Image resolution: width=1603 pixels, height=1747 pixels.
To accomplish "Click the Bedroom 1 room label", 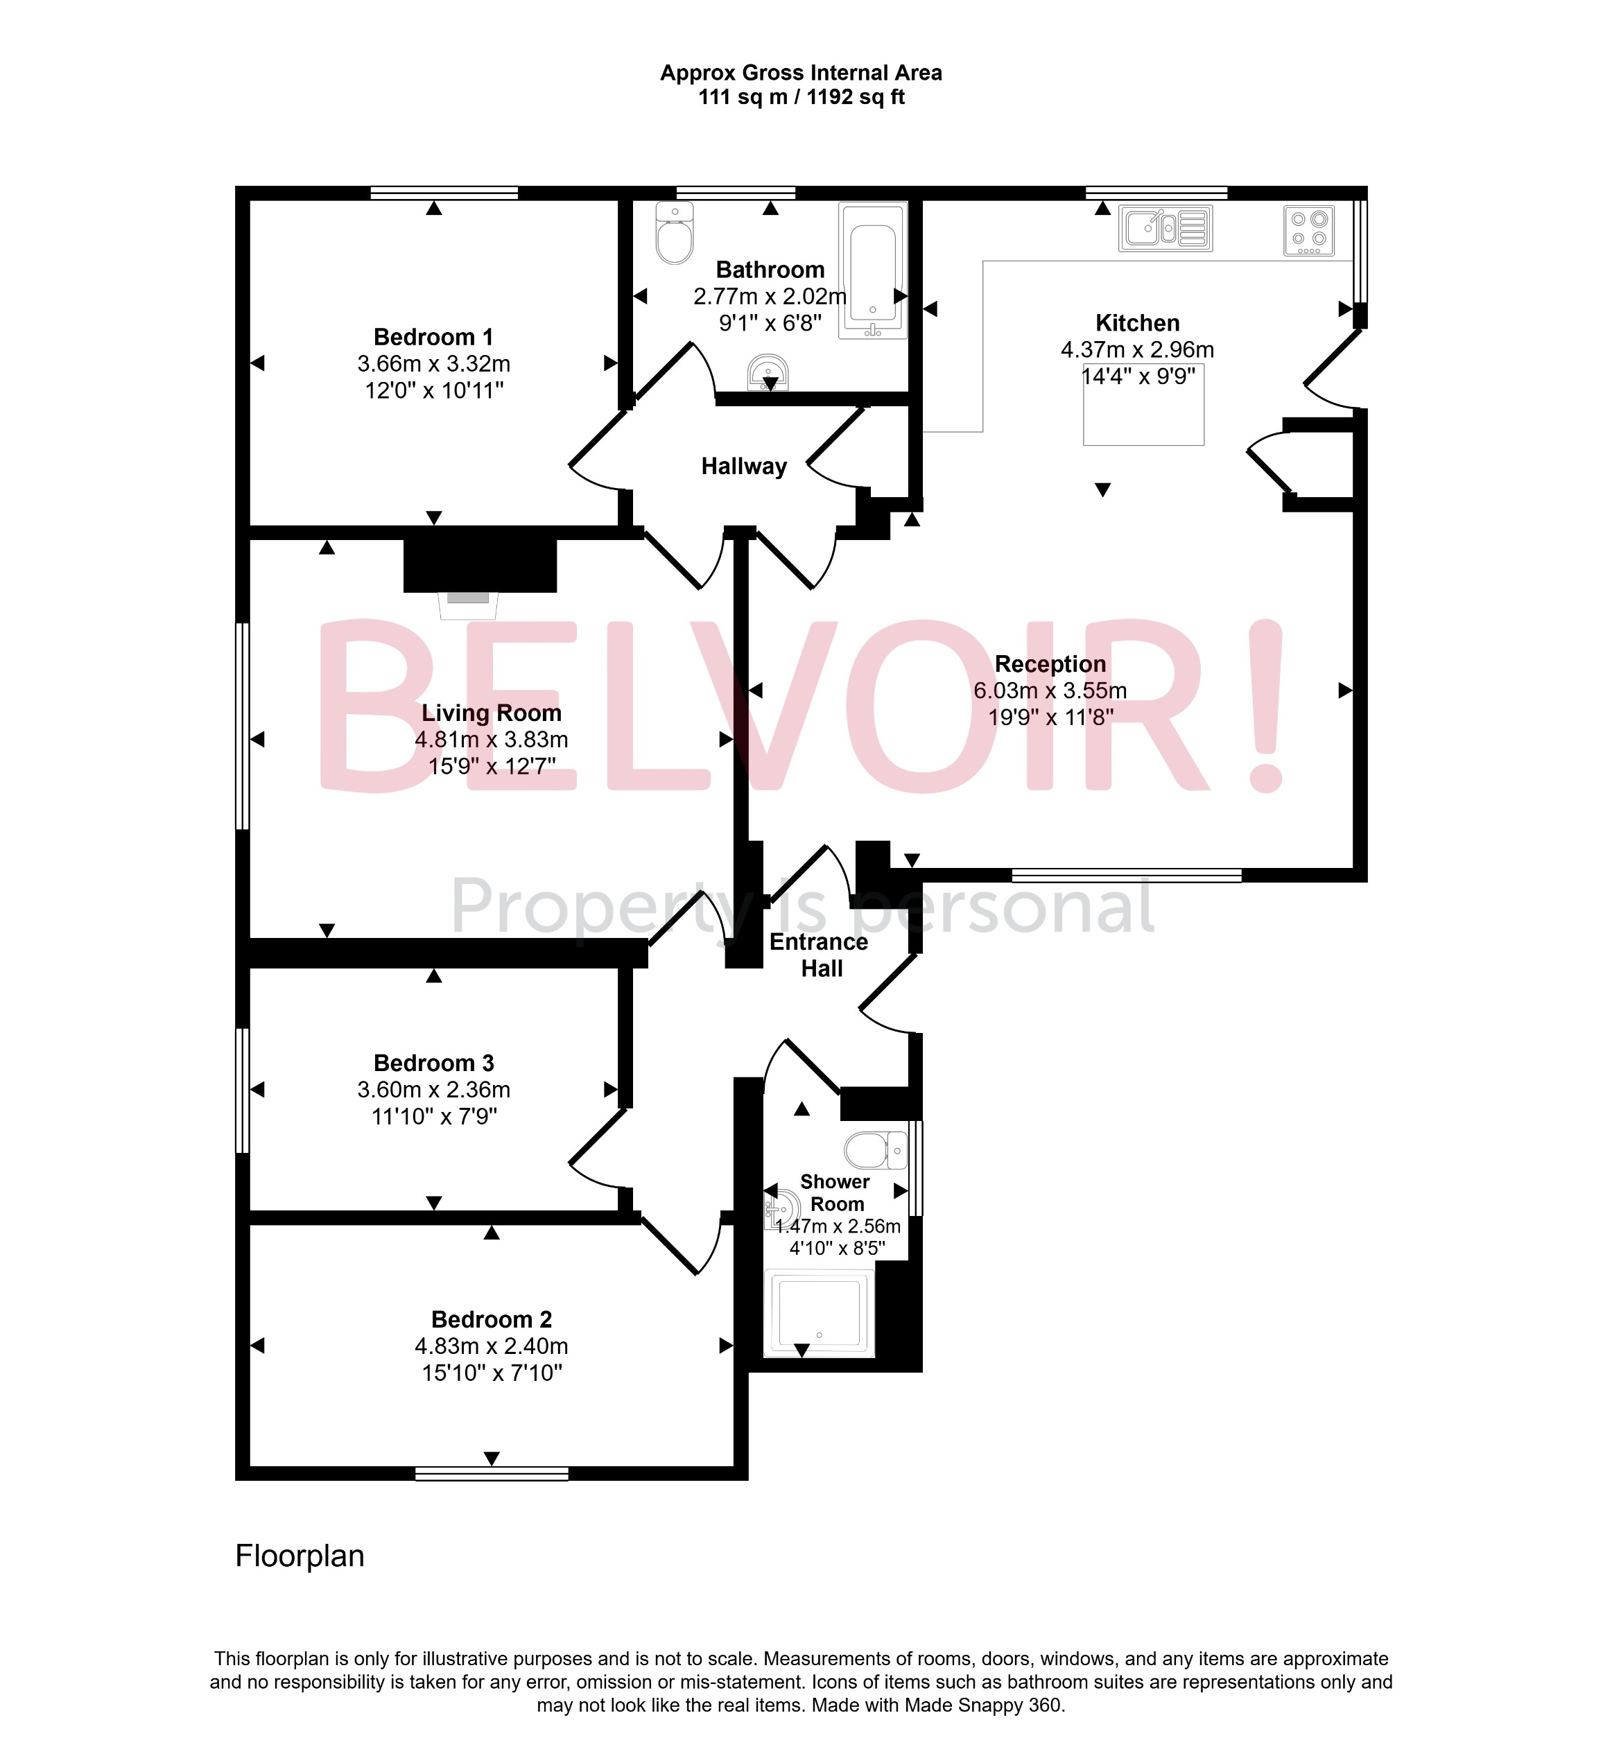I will click(x=434, y=336).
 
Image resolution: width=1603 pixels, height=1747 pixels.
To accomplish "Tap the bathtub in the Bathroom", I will click(x=873, y=270).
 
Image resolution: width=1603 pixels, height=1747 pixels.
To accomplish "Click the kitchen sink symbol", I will click(x=1165, y=229).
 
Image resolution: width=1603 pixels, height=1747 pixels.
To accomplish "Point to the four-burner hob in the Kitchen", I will click(x=1309, y=230).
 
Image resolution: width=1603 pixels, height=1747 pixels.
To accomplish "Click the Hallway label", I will click(x=744, y=467).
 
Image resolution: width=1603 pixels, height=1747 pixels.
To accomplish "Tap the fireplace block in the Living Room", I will click(x=480, y=565).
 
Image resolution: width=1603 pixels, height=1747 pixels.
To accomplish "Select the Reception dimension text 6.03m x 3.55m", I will click(x=1050, y=690).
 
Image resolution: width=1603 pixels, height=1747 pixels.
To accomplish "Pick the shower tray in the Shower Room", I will click(x=819, y=1312).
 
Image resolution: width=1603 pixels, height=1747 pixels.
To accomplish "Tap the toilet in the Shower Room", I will click(x=874, y=1151).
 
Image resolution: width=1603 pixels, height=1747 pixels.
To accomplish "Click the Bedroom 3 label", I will click(x=434, y=1063).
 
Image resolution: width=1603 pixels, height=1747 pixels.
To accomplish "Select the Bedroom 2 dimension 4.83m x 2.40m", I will click(x=491, y=1346).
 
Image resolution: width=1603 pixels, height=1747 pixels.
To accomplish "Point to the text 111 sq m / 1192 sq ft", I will click(x=801, y=97).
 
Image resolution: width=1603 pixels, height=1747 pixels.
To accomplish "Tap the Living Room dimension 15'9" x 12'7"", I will click(x=492, y=766).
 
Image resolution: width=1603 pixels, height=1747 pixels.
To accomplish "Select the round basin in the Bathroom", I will click(x=768, y=373).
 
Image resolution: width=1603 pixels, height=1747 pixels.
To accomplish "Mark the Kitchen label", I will click(x=1137, y=322).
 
